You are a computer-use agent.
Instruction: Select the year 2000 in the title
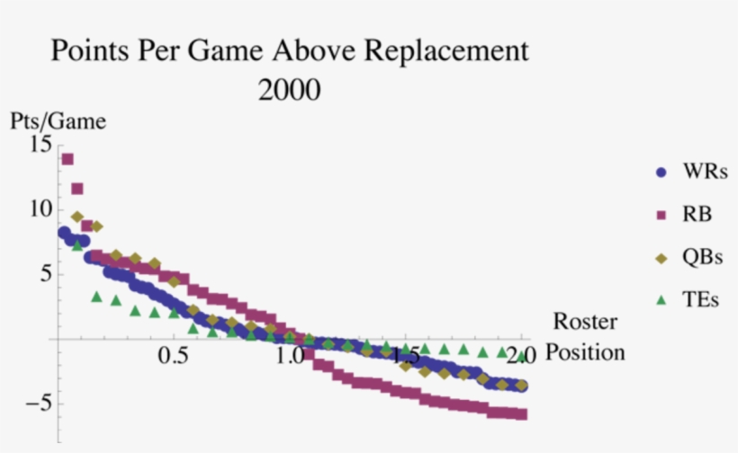pos(290,90)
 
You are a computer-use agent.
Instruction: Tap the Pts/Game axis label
pos(58,120)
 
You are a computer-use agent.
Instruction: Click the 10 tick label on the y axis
pos(40,209)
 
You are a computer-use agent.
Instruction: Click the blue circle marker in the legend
pos(661,171)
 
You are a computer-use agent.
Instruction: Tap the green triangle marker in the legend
pos(661,300)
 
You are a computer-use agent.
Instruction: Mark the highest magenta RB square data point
pos(67,159)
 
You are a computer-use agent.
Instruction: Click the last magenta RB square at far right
pos(522,414)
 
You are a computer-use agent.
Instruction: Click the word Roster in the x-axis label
pos(585,321)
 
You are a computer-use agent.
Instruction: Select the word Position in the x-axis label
pos(586,352)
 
